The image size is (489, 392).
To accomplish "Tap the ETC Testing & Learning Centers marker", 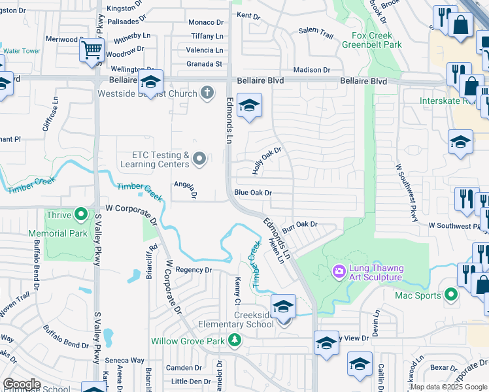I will pyautogui.click(x=200, y=158).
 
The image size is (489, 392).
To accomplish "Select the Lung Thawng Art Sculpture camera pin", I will pyautogui.click(x=339, y=270).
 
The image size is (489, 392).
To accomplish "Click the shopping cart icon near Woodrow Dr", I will pyautogui.click(x=92, y=50).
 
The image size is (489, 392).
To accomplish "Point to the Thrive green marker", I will pyautogui.click(x=81, y=214).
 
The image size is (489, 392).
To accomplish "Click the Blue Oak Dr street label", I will pyautogui.click(x=252, y=193).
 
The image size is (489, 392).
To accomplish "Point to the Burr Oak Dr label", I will pyautogui.click(x=299, y=224).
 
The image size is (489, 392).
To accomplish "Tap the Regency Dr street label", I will pyautogui.click(x=194, y=270).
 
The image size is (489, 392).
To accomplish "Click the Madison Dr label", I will pyautogui.click(x=312, y=70).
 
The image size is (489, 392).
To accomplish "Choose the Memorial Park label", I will pyautogui.click(x=58, y=233).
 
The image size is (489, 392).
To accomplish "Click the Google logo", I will pyautogui.click(x=22, y=384).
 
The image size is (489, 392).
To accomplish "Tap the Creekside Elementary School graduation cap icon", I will pyautogui.click(x=283, y=306).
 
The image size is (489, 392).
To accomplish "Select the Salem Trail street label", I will pyautogui.click(x=316, y=31).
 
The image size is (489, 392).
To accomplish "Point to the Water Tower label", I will pyautogui.click(x=22, y=51).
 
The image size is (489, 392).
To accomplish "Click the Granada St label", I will pyautogui.click(x=204, y=64).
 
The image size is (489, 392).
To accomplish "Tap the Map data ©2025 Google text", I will pyautogui.click(x=448, y=386).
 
